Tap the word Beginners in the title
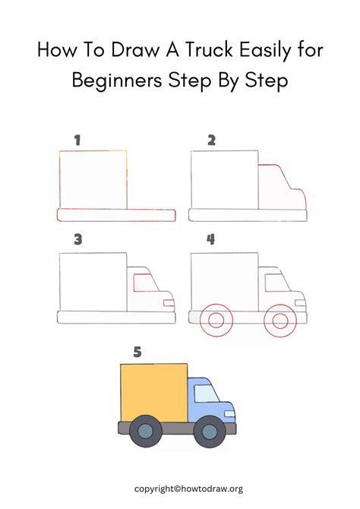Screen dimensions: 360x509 (x=117, y=81)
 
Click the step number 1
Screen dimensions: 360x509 (x=77, y=141)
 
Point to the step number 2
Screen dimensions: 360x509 (x=211, y=141)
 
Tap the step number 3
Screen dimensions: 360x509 (x=78, y=240)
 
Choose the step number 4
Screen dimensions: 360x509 (x=211, y=240)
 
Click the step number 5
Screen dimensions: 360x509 (x=137, y=353)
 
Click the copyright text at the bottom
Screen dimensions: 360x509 (x=188, y=489)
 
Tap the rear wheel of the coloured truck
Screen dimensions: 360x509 (x=145, y=431)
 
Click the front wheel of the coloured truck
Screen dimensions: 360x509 (x=210, y=432)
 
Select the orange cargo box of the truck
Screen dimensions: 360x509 (x=154, y=393)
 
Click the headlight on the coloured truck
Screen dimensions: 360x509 (x=229, y=414)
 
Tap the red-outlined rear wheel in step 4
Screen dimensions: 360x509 (x=216, y=321)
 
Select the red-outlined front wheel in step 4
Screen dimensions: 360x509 (x=280, y=321)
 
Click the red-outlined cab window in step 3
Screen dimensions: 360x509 (x=146, y=283)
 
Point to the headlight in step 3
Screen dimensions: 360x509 (x=169, y=303)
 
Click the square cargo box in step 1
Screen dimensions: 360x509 (x=93, y=180)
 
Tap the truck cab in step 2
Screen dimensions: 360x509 (x=282, y=187)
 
